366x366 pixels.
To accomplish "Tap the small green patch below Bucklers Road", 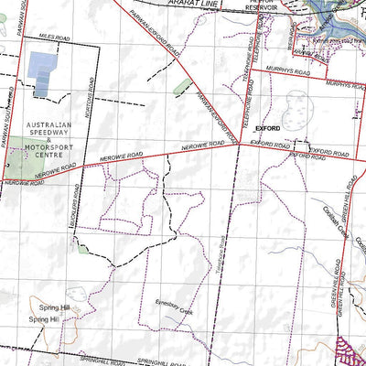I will point(83,249).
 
